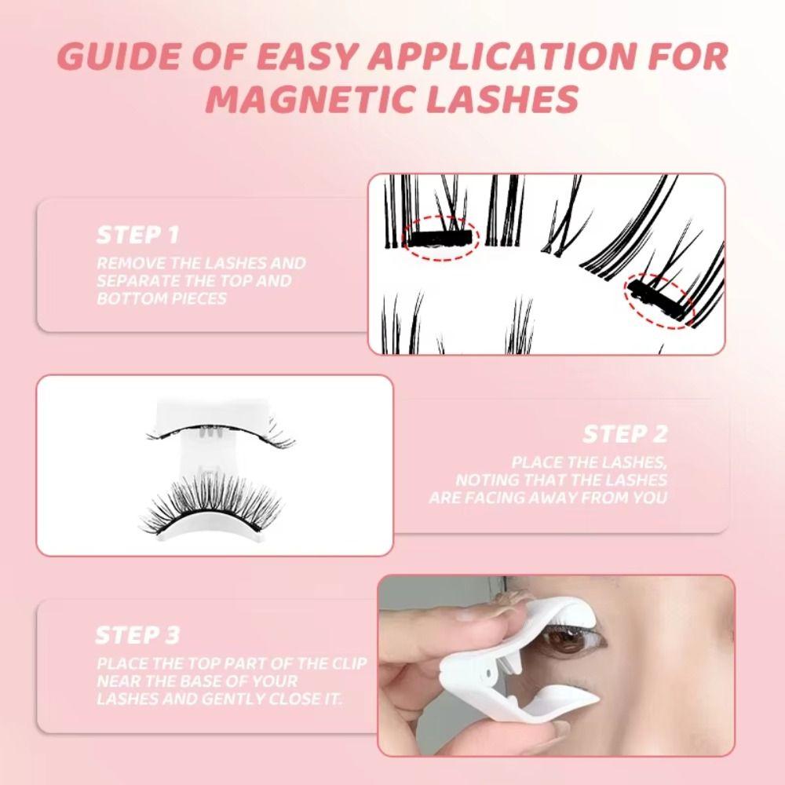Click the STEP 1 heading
[x=137, y=234]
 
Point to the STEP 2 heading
[x=625, y=434]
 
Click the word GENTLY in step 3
[x=235, y=699]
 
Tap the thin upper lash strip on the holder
[x=220, y=434]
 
